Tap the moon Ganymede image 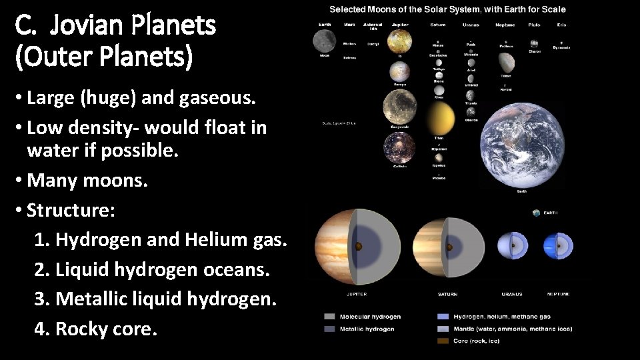tap(400, 107)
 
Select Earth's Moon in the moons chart tap(325, 41)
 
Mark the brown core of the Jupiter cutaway tap(359, 247)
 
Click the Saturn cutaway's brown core tap(449, 247)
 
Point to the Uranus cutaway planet tap(512, 245)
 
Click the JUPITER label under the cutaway tap(357, 294)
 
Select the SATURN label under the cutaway tap(447, 294)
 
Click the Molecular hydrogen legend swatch tap(329, 317)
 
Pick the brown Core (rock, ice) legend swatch tap(443, 341)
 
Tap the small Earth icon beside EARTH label tap(537, 213)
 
